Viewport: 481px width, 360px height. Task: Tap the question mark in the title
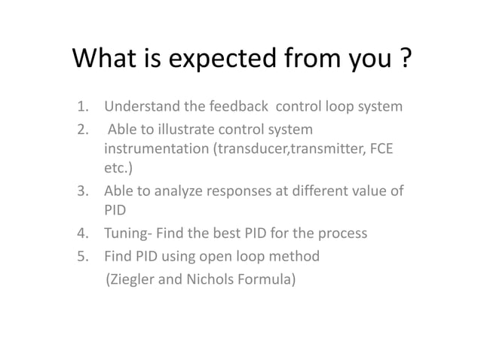(x=406, y=59)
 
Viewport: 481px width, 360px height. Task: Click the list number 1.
(x=82, y=106)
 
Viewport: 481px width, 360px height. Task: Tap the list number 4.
(x=82, y=233)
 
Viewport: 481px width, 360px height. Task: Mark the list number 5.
(x=82, y=256)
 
